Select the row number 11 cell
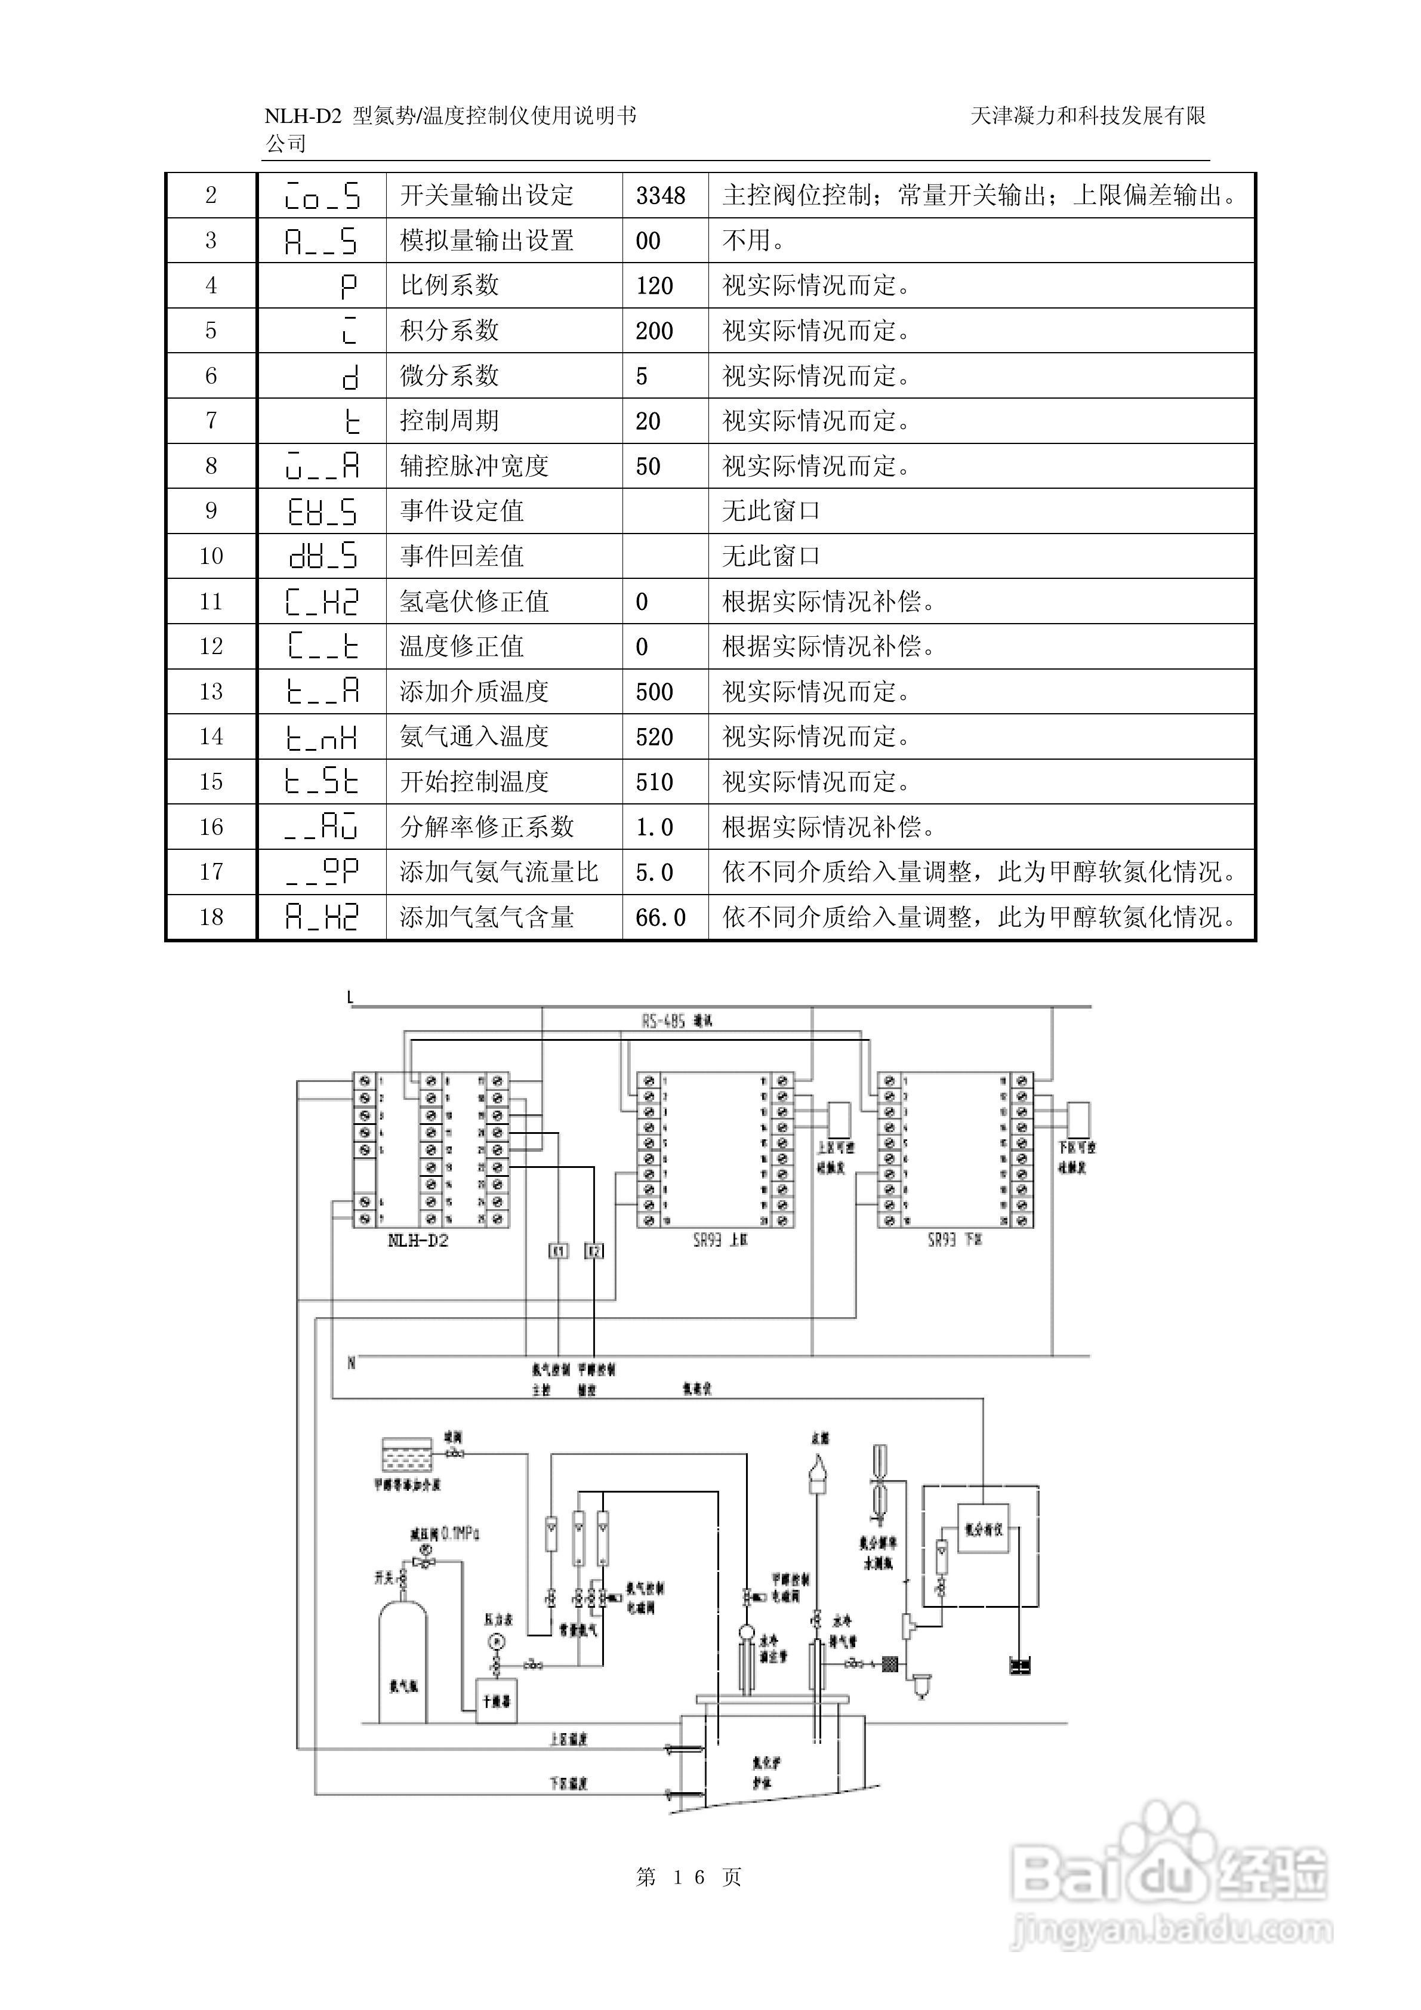coord(211,602)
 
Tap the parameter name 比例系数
coord(449,285)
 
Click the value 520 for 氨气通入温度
coord(654,737)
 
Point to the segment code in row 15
coord(321,782)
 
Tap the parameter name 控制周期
coord(449,421)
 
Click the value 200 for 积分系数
coord(654,331)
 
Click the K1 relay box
coord(558,1251)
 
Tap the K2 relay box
coord(594,1251)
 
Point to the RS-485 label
coord(663,1021)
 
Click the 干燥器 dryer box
coord(495,1700)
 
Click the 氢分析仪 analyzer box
coord(983,1530)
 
